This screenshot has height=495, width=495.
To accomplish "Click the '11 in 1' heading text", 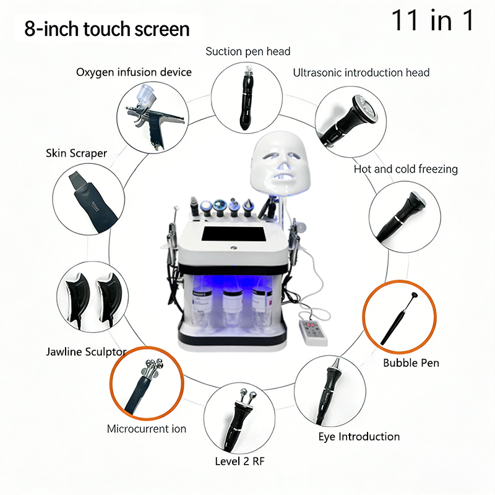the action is tap(432, 20).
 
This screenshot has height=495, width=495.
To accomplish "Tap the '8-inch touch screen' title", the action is tap(106, 29).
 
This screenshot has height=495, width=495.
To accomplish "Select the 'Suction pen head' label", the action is tap(248, 51).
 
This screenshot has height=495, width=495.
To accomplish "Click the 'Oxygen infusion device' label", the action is tap(134, 72).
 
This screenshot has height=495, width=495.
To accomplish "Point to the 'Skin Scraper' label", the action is tap(76, 153).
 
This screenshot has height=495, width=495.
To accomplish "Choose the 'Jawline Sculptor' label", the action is tap(86, 351).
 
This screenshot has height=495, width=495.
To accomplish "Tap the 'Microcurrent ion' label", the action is tap(147, 429).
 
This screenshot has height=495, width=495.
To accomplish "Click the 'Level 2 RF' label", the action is tap(239, 461).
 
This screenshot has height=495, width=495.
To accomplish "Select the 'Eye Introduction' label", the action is tap(359, 437).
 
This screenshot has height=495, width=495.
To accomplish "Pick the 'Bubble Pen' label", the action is tap(411, 363).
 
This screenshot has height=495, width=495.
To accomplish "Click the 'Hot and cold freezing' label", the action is tap(406, 169).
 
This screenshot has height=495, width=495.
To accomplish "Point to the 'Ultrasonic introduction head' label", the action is tap(361, 72).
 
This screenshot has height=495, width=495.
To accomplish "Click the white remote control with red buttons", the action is tap(313, 332).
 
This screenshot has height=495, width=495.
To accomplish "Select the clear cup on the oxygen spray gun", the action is tap(145, 93).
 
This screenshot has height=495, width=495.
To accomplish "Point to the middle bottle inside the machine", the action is tap(233, 306).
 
